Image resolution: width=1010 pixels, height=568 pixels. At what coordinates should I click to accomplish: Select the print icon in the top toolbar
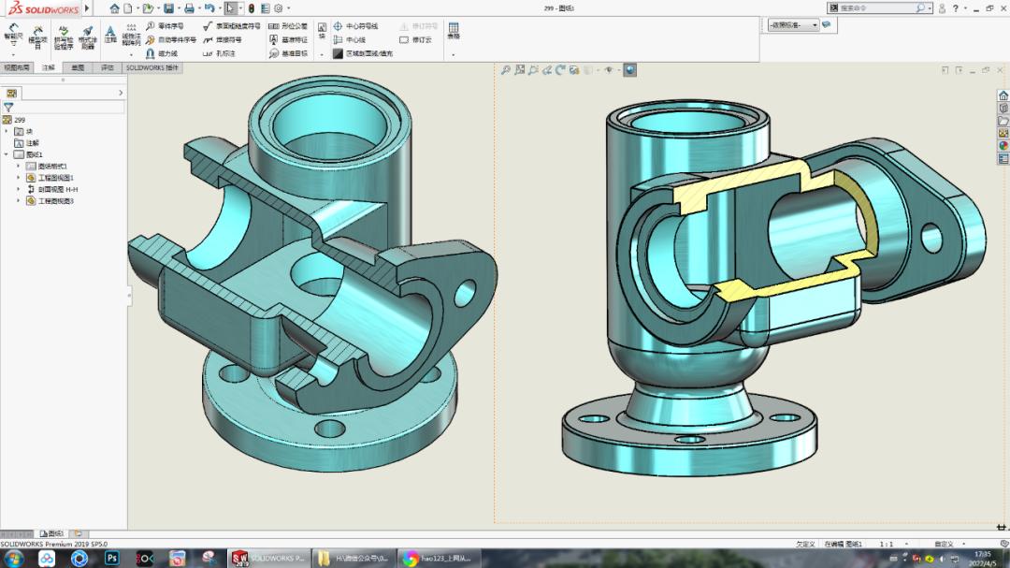[x=190, y=8]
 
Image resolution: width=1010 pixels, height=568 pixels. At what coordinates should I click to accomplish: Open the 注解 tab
[x=48, y=68]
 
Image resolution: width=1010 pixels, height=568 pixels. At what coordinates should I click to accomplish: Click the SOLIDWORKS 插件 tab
[x=151, y=68]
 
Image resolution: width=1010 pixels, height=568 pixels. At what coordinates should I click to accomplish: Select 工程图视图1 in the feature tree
[x=55, y=178]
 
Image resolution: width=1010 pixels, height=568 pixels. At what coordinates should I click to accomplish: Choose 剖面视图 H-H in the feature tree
[x=57, y=189]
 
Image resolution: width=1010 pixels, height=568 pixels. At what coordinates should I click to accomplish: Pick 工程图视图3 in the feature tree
[x=55, y=200]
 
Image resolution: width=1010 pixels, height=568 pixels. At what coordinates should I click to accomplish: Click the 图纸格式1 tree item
[x=52, y=166]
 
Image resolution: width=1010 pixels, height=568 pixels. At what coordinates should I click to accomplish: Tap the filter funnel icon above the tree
[x=8, y=108]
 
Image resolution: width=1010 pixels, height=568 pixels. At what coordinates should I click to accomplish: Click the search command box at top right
[x=874, y=7]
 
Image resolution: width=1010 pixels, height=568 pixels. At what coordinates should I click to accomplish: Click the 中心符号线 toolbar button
[x=361, y=26]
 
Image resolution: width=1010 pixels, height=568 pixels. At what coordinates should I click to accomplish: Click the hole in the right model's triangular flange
[x=931, y=238]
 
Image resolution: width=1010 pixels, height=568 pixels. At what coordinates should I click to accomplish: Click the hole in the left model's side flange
[x=465, y=295]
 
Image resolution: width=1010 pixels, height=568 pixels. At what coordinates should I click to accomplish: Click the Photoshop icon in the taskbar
[x=111, y=559]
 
